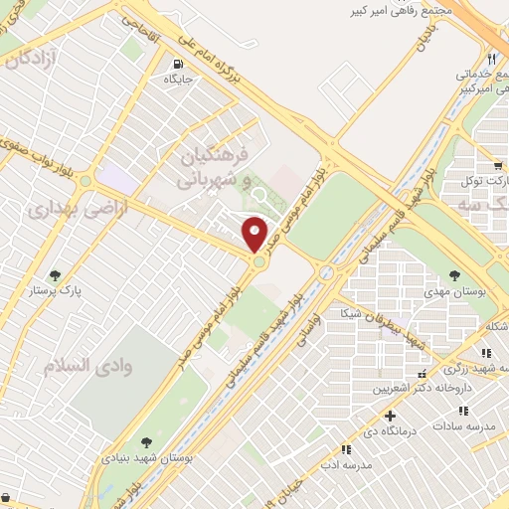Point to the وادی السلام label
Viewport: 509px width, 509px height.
(x=82, y=366)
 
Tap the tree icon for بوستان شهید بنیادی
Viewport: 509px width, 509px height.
(x=146, y=441)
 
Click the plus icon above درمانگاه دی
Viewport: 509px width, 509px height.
(x=391, y=416)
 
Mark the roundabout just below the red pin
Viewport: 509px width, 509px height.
(x=258, y=261)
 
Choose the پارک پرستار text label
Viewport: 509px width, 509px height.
(x=57, y=293)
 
